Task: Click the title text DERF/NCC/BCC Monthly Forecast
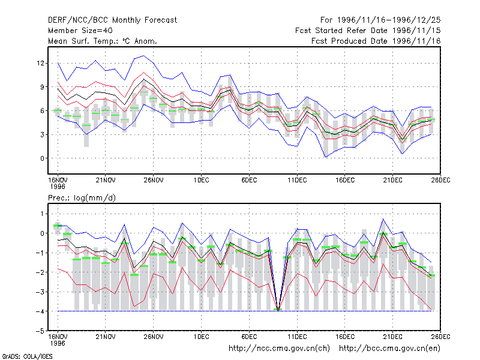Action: [x=112, y=20]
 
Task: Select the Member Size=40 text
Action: [x=80, y=31]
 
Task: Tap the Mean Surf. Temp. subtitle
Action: [x=103, y=41]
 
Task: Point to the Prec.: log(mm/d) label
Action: [x=82, y=198]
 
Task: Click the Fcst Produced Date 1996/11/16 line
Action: [x=376, y=41]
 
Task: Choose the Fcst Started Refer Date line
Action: [x=368, y=31]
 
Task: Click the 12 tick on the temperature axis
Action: [x=40, y=63]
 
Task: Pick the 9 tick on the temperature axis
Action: [x=42, y=87]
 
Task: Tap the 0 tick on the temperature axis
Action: [x=42, y=158]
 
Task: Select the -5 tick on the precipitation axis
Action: [x=40, y=331]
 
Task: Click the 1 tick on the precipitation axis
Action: [x=42, y=214]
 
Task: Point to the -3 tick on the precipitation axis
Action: [x=40, y=292]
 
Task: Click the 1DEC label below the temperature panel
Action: [x=201, y=180]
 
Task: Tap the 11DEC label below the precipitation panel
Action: [x=297, y=337]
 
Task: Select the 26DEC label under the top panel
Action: [x=440, y=180]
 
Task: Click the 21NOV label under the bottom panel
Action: [x=106, y=337]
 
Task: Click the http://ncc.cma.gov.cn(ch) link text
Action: [x=279, y=349]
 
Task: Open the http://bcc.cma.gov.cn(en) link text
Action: [x=389, y=349]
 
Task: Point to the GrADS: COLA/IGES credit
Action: [x=27, y=356]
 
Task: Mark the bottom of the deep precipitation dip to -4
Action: [x=278, y=310]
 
